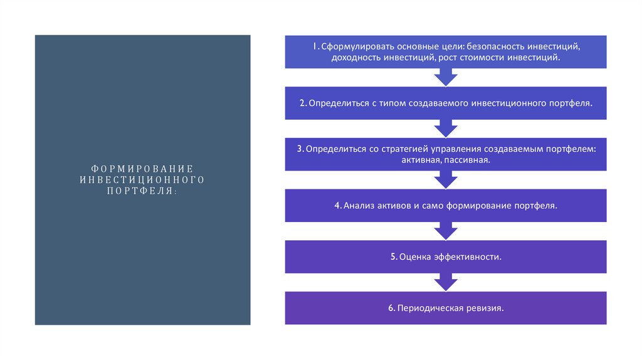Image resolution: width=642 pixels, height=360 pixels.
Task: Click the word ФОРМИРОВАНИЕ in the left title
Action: click(142, 169)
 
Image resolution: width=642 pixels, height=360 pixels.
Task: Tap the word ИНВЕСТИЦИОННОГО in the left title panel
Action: click(142, 180)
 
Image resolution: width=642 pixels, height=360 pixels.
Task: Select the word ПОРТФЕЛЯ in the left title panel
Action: click(140, 191)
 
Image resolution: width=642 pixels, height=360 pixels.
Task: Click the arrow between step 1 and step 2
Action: click(446, 77)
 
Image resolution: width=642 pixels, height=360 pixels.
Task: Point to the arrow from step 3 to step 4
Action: click(446, 180)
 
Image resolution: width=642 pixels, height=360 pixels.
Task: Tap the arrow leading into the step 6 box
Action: click(446, 282)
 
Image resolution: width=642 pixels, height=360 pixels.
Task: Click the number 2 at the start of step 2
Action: click(302, 103)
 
